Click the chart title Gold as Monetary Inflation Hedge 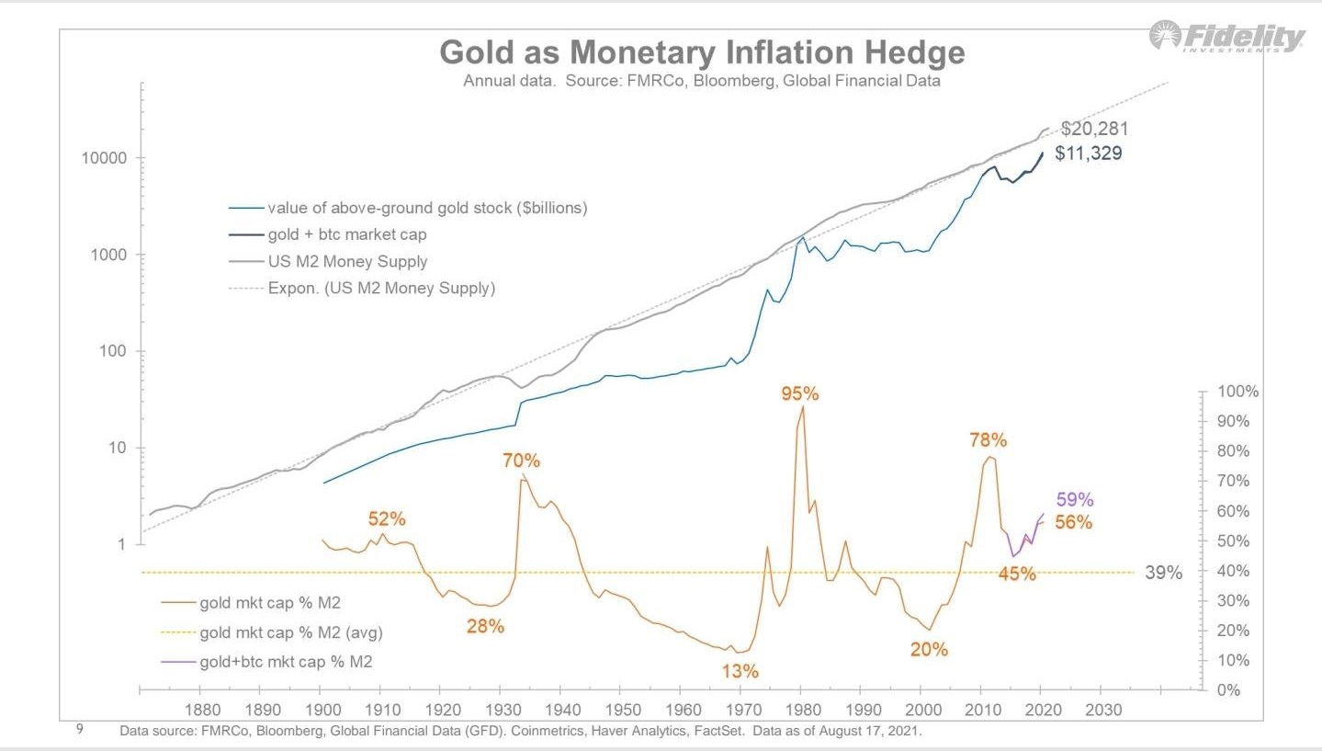(x=702, y=52)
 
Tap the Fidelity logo (x=1226, y=38)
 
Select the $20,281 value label (x=1094, y=129)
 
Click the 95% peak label (x=799, y=393)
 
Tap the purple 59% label (x=1074, y=500)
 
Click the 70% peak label (x=521, y=460)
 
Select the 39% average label (x=1163, y=573)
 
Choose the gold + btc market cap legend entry (x=346, y=234)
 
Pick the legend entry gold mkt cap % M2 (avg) (x=290, y=632)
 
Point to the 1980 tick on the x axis (x=800, y=710)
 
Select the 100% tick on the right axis (x=1237, y=392)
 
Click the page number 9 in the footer (x=80, y=730)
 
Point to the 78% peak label (x=988, y=440)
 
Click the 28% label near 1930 (x=485, y=627)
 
